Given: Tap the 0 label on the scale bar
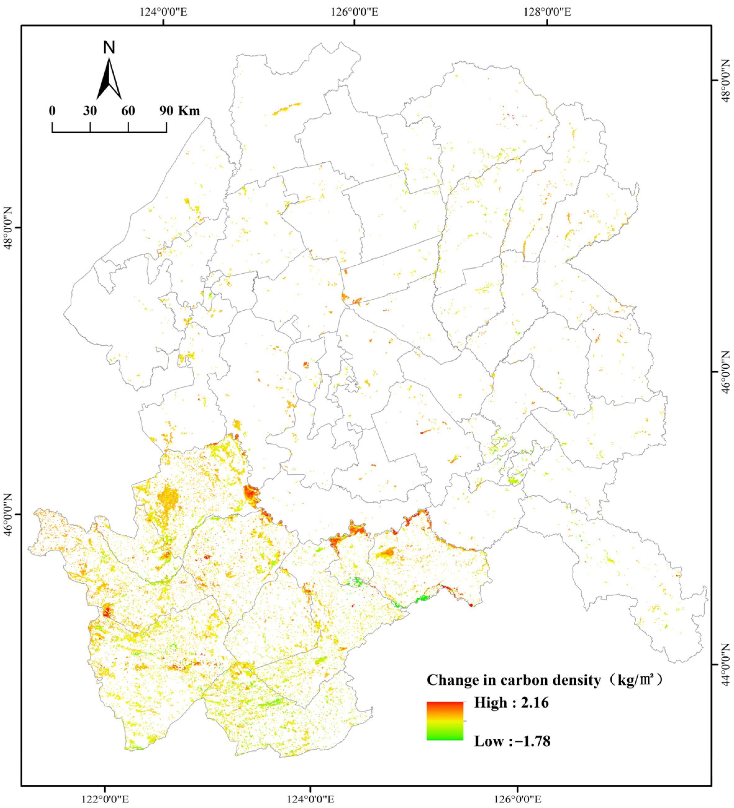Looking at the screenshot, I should (x=52, y=111).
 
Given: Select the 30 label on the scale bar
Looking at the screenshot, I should (x=90, y=111).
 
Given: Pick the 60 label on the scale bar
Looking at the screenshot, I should (x=128, y=111).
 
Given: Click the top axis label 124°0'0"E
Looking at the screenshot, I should (x=163, y=12).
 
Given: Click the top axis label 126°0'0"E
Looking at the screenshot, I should (x=354, y=12).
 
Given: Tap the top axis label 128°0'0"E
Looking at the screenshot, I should (x=547, y=12).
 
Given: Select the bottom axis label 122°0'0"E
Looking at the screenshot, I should (x=105, y=798).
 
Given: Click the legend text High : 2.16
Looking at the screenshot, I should (x=511, y=703).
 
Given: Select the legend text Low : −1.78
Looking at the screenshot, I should (x=512, y=741).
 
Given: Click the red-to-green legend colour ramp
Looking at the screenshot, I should (x=445, y=721).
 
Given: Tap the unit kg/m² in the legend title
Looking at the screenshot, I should (x=633, y=680).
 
